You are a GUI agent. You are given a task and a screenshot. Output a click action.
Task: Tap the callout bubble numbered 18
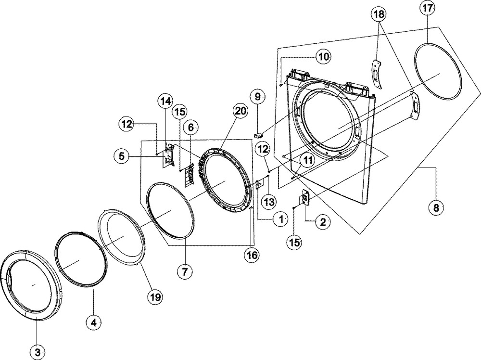pos(379,14)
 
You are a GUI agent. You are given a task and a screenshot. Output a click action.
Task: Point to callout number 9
pos(257,97)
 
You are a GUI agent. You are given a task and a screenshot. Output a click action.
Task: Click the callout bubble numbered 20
pos(240,111)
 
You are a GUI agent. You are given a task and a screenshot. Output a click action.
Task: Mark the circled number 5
pos(122,156)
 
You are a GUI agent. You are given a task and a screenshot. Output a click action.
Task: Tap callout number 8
pos(436,208)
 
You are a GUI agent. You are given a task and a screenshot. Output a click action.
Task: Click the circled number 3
pos(38,352)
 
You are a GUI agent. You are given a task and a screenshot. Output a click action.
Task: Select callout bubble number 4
pos(94,322)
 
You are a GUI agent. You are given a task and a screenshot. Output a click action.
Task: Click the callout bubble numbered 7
pos(185,271)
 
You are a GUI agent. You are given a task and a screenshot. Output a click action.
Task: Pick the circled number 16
pos(251,255)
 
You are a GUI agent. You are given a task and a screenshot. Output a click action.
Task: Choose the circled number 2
pos(323,221)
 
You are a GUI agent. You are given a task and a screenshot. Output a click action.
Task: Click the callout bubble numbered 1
pos(280,219)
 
